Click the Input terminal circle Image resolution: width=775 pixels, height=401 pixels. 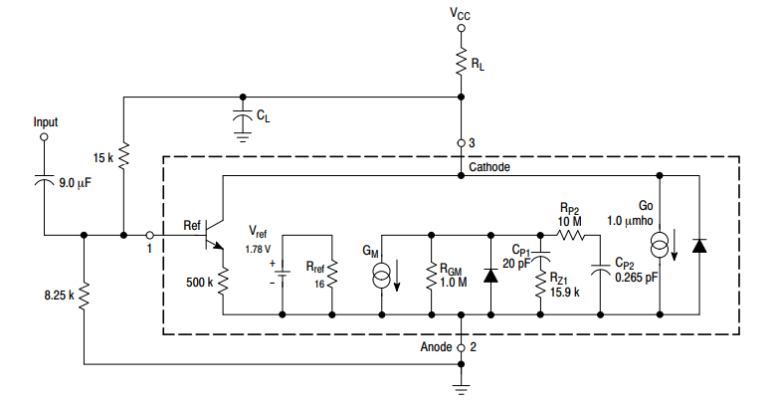[44, 139]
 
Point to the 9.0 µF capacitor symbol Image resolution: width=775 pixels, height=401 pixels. [44, 182]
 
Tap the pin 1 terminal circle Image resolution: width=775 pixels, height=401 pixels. [148, 236]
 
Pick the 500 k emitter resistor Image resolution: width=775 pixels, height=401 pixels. [223, 282]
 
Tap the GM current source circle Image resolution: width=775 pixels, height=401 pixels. [382, 276]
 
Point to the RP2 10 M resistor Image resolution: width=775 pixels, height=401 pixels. [569, 236]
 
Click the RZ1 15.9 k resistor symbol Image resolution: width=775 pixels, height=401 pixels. [541, 290]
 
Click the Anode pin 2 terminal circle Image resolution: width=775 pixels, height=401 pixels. [461, 347]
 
